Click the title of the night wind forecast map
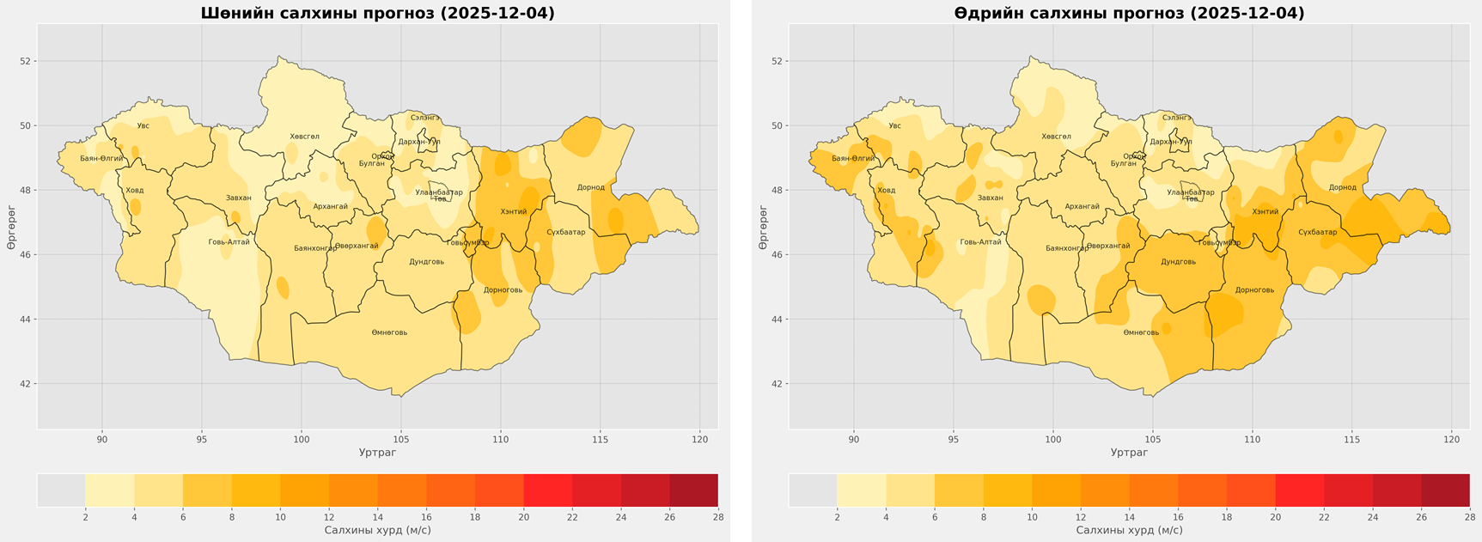[x=377, y=14]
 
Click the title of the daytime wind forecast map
[x=1129, y=14]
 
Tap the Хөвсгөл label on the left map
[x=304, y=137]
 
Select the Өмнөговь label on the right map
[x=1141, y=332]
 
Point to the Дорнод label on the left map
[x=591, y=187]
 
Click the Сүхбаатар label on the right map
[x=1317, y=232]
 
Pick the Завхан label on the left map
[x=239, y=198]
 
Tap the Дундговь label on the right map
[x=1178, y=262]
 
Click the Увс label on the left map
[x=143, y=126]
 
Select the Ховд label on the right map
[x=886, y=191]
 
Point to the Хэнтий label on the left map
[x=513, y=211]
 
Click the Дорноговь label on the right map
[x=1254, y=290]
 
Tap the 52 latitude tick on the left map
[x=26, y=61]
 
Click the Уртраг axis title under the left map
[x=377, y=453]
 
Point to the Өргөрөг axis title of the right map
[x=763, y=228]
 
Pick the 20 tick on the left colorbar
[x=523, y=517]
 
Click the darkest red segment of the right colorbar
[x=1446, y=490]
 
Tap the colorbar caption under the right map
[x=1129, y=531]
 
